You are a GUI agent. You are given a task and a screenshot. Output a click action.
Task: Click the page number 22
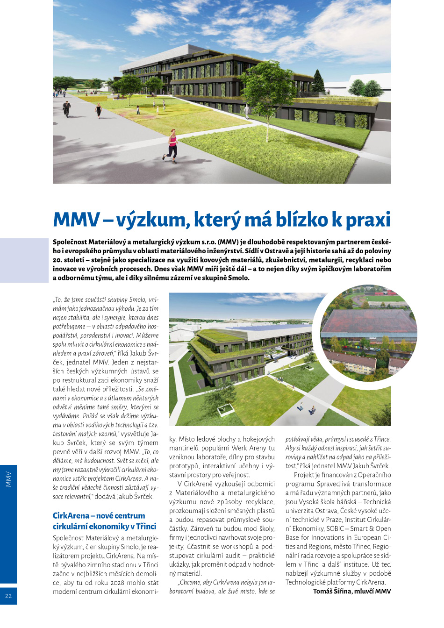(8, 596)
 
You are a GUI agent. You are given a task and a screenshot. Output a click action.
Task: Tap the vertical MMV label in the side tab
(8, 479)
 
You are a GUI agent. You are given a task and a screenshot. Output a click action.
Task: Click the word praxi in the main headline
(367, 220)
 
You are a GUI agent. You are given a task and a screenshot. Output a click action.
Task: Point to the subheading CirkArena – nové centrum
(99, 515)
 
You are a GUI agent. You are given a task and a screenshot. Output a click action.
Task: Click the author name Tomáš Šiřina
(332, 591)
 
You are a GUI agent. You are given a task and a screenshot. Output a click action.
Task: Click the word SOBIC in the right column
(336, 528)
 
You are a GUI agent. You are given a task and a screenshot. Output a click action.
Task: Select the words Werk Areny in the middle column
(249, 448)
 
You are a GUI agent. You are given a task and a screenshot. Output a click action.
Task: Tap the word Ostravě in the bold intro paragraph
(278, 251)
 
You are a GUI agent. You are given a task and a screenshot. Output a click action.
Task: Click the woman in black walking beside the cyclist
(98, 110)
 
